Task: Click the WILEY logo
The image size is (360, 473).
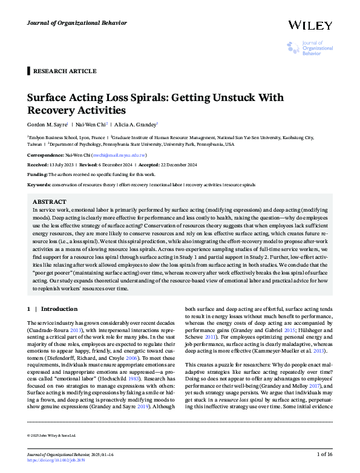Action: click(x=310, y=25)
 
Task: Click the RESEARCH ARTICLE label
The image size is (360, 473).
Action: click(x=65, y=71)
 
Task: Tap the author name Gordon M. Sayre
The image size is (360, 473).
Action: click(x=48, y=124)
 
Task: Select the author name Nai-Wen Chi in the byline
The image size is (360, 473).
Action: click(x=93, y=124)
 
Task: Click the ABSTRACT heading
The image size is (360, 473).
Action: click(x=49, y=201)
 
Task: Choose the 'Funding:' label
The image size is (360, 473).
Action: click(x=38, y=174)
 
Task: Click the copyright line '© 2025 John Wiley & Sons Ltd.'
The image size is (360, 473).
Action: click(x=52, y=435)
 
